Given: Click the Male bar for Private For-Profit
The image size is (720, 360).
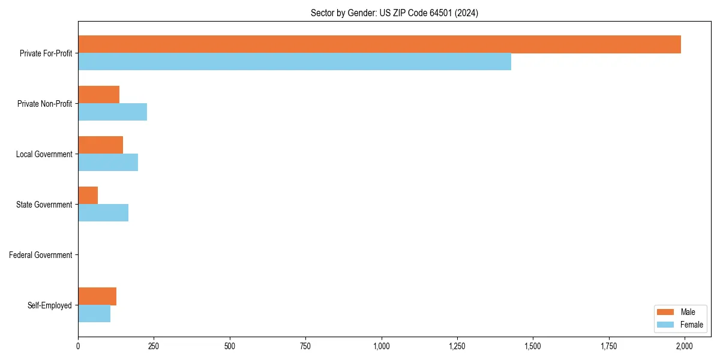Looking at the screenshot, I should tap(379, 44).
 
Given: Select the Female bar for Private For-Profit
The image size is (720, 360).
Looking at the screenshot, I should tap(295, 62).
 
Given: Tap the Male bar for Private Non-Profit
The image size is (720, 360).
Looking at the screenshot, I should tap(99, 95).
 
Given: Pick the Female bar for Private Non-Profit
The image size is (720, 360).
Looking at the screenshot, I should tap(113, 112).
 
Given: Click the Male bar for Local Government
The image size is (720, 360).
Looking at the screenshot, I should tap(101, 145).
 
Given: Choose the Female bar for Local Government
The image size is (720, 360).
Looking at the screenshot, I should tap(108, 163).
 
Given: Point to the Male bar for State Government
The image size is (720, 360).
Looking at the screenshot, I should tap(88, 196).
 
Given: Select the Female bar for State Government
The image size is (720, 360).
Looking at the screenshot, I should tap(103, 213).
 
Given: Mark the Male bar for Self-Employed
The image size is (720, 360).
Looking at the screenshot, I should tap(97, 296).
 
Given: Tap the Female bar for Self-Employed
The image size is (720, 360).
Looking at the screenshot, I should tap(94, 314).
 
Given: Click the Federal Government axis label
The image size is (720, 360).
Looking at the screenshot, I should tap(41, 255).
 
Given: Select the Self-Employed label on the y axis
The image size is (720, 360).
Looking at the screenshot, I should tap(50, 305).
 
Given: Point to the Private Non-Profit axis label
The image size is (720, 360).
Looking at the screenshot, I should tap(44, 104).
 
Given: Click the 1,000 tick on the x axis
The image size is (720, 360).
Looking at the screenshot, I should tap(382, 346).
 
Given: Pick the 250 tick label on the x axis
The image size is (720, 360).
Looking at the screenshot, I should tap(154, 346).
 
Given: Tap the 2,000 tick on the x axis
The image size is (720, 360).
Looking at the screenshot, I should tap(685, 346).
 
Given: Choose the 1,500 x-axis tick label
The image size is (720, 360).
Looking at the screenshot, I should tap(533, 346).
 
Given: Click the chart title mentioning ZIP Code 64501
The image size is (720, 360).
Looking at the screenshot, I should tap(394, 13).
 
